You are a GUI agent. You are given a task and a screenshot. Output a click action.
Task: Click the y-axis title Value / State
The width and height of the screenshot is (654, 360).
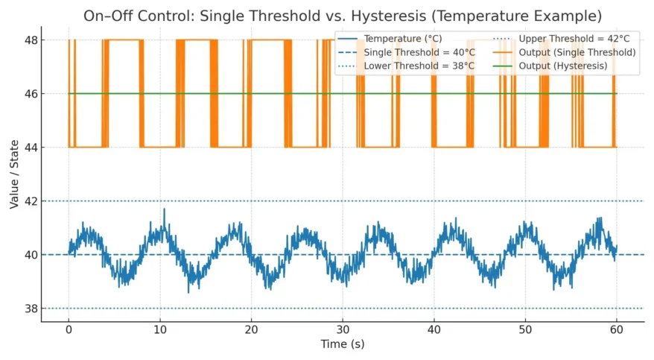coord(14,174)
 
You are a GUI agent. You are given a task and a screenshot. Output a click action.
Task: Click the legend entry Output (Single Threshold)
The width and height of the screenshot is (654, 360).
coord(577,52)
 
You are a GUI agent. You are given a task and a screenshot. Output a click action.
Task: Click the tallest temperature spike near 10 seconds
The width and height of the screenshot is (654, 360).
coord(164,211)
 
